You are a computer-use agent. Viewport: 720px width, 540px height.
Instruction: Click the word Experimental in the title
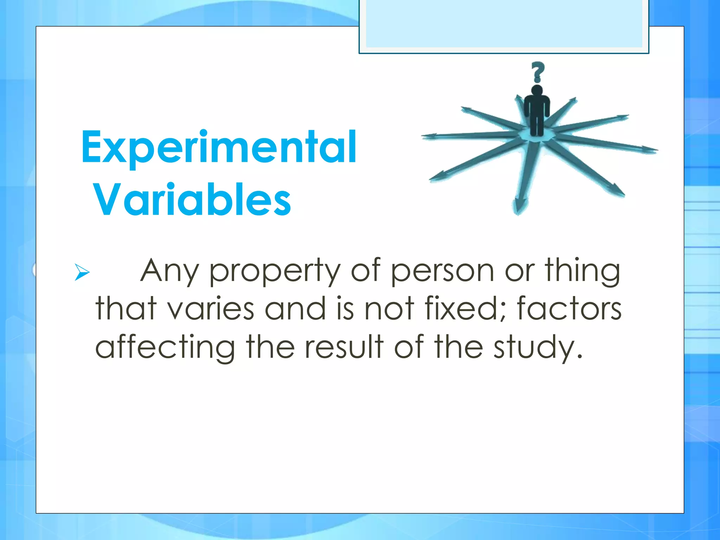219,148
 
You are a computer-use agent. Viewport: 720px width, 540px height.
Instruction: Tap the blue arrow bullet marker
82,272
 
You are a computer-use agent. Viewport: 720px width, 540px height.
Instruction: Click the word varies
210,309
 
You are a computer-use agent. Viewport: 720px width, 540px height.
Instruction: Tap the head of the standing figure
537,90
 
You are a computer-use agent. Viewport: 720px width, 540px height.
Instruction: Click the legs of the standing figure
536,125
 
